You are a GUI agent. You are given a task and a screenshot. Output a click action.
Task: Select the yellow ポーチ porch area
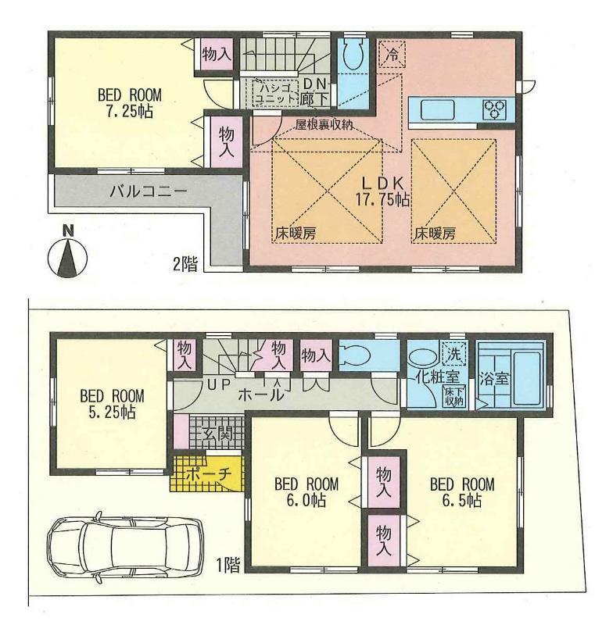click(x=206, y=474)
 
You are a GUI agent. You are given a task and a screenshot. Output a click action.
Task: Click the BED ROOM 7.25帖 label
click(x=128, y=103)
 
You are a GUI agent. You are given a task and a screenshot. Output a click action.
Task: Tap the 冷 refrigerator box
click(x=393, y=55)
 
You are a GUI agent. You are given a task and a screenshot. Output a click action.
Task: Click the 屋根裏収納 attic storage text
click(x=324, y=124)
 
